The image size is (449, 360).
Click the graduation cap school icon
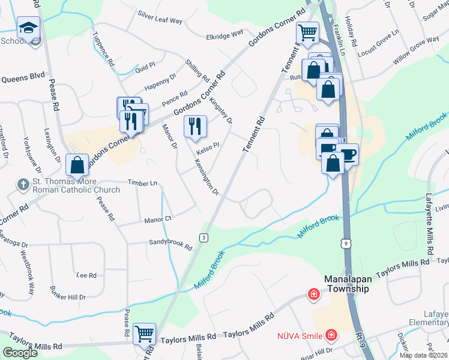pyautogui.click(x=28, y=28)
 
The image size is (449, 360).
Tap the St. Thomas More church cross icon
pyautogui.click(x=23, y=185)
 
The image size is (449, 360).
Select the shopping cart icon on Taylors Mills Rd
pyautogui.click(x=145, y=334)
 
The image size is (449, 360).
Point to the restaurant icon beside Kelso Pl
pyautogui.click(x=195, y=126)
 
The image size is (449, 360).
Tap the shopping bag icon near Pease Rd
pyautogui.click(x=77, y=164)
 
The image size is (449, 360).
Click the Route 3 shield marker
pyautogui.click(x=204, y=238)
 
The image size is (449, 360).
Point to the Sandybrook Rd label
pyautogui.click(x=170, y=246)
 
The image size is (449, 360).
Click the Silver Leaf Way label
pyautogui.click(x=160, y=16)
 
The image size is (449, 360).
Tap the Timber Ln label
pyautogui.click(x=142, y=182)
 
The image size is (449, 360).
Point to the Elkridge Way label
pyautogui.click(x=224, y=35)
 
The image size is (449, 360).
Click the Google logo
pyautogui.click(x=20, y=353)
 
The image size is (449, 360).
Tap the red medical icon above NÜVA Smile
pyautogui.click(x=313, y=294)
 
